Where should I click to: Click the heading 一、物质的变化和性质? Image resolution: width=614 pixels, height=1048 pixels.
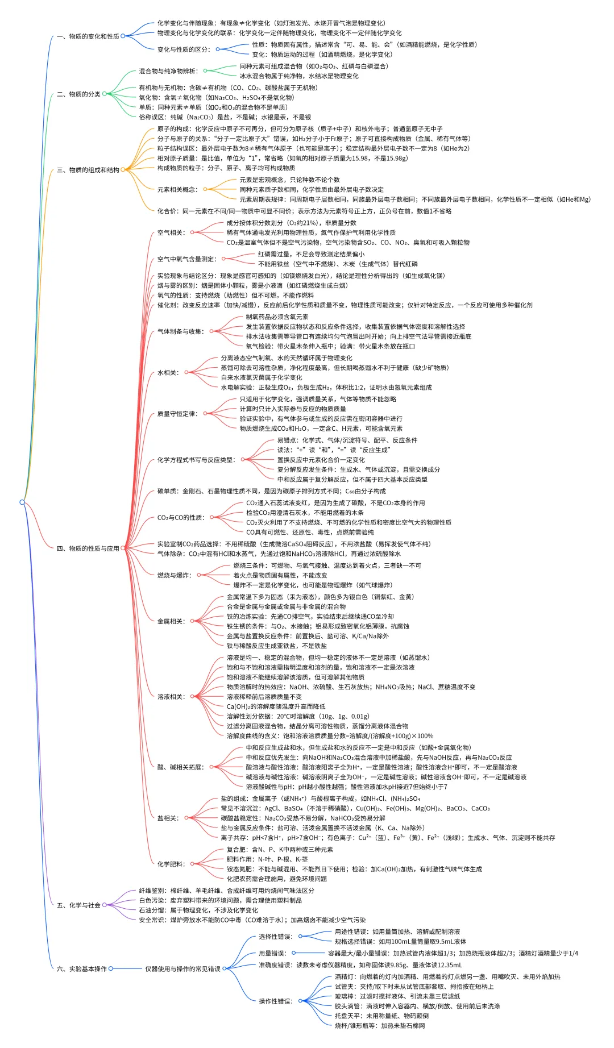tap(88, 36)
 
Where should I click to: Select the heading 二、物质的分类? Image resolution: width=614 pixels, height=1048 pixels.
tap(78, 94)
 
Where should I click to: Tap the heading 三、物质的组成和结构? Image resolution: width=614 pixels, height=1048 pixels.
tap(88, 170)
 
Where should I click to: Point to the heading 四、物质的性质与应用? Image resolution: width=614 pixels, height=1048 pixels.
tap(88, 548)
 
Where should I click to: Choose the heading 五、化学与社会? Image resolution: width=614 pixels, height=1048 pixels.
tap(78, 905)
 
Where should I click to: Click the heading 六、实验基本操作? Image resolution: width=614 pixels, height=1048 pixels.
tap(81, 969)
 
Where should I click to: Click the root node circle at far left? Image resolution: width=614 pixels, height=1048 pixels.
tap(22, 502)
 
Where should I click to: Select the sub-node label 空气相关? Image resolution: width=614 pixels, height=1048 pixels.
tap(170, 232)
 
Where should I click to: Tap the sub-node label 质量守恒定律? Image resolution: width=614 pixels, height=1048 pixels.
tap(176, 414)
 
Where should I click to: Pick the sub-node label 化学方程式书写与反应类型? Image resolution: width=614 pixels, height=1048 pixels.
tap(195, 460)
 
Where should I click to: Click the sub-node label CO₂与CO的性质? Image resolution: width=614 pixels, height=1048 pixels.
tap(180, 518)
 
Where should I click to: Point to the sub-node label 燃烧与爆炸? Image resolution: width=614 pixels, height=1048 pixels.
tap(173, 575)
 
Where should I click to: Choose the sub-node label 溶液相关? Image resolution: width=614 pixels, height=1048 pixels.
tap(170, 697)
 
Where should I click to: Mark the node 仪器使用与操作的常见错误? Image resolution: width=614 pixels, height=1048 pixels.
tap(182, 969)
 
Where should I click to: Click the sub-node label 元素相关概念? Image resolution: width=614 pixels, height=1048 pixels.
tap(176, 190)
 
